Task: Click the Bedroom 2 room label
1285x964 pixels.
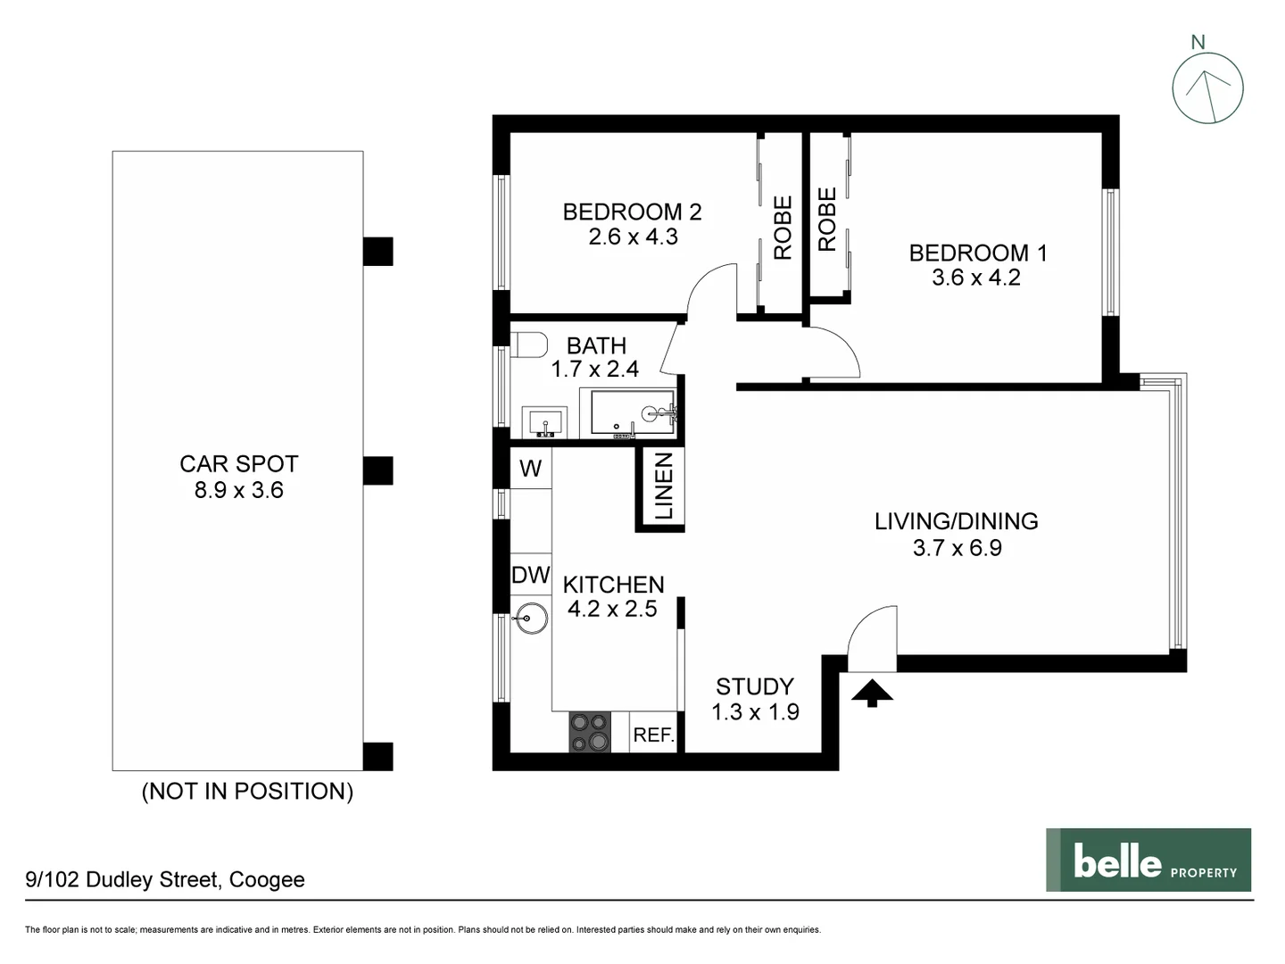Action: (632, 212)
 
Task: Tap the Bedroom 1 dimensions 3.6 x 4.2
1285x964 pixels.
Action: (976, 278)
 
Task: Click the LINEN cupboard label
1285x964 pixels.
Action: (664, 486)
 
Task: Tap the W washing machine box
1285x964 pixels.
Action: (530, 469)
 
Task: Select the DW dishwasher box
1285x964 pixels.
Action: (530, 576)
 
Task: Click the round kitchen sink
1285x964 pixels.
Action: (532, 618)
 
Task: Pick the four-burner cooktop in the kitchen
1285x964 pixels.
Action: (590, 731)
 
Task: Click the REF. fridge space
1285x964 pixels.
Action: (653, 735)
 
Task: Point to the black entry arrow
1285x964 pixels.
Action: (872, 693)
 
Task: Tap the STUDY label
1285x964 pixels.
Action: (754, 686)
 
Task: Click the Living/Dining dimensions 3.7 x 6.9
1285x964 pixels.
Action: (957, 548)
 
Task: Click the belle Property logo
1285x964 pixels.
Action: (1148, 860)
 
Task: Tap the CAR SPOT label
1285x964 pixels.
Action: (238, 464)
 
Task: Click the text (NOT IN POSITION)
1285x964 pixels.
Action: (247, 791)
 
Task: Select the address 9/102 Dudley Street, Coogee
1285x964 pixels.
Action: (165, 879)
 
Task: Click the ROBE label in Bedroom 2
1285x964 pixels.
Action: (783, 228)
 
